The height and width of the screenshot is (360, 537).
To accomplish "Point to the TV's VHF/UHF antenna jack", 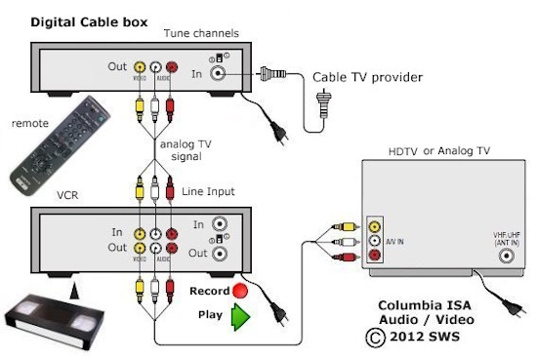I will [507, 257].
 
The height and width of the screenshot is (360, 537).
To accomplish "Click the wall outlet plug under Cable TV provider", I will [323, 99].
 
